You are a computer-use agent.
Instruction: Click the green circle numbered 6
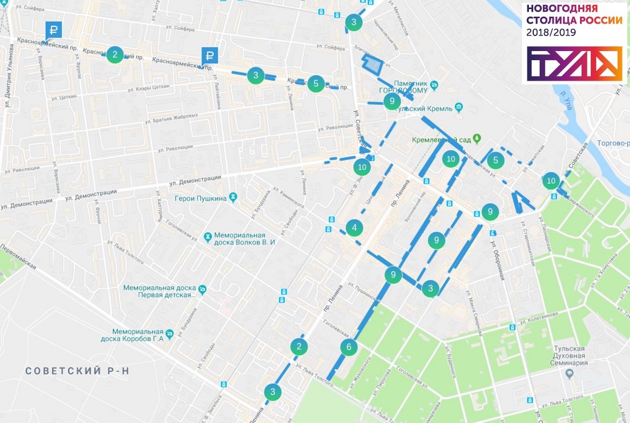(x=348, y=347)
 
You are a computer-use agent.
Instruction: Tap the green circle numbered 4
(x=354, y=228)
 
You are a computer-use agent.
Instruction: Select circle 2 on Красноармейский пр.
(x=114, y=54)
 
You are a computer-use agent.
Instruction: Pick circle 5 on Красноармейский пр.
(x=316, y=83)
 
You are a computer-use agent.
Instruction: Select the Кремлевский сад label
(x=441, y=140)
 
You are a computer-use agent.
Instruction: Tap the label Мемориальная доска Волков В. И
(x=244, y=239)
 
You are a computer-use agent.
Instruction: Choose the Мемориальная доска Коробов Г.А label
(x=132, y=335)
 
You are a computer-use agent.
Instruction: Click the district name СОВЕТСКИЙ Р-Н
(x=78, y=371)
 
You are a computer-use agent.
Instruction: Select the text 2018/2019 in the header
(x=551, y=33)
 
